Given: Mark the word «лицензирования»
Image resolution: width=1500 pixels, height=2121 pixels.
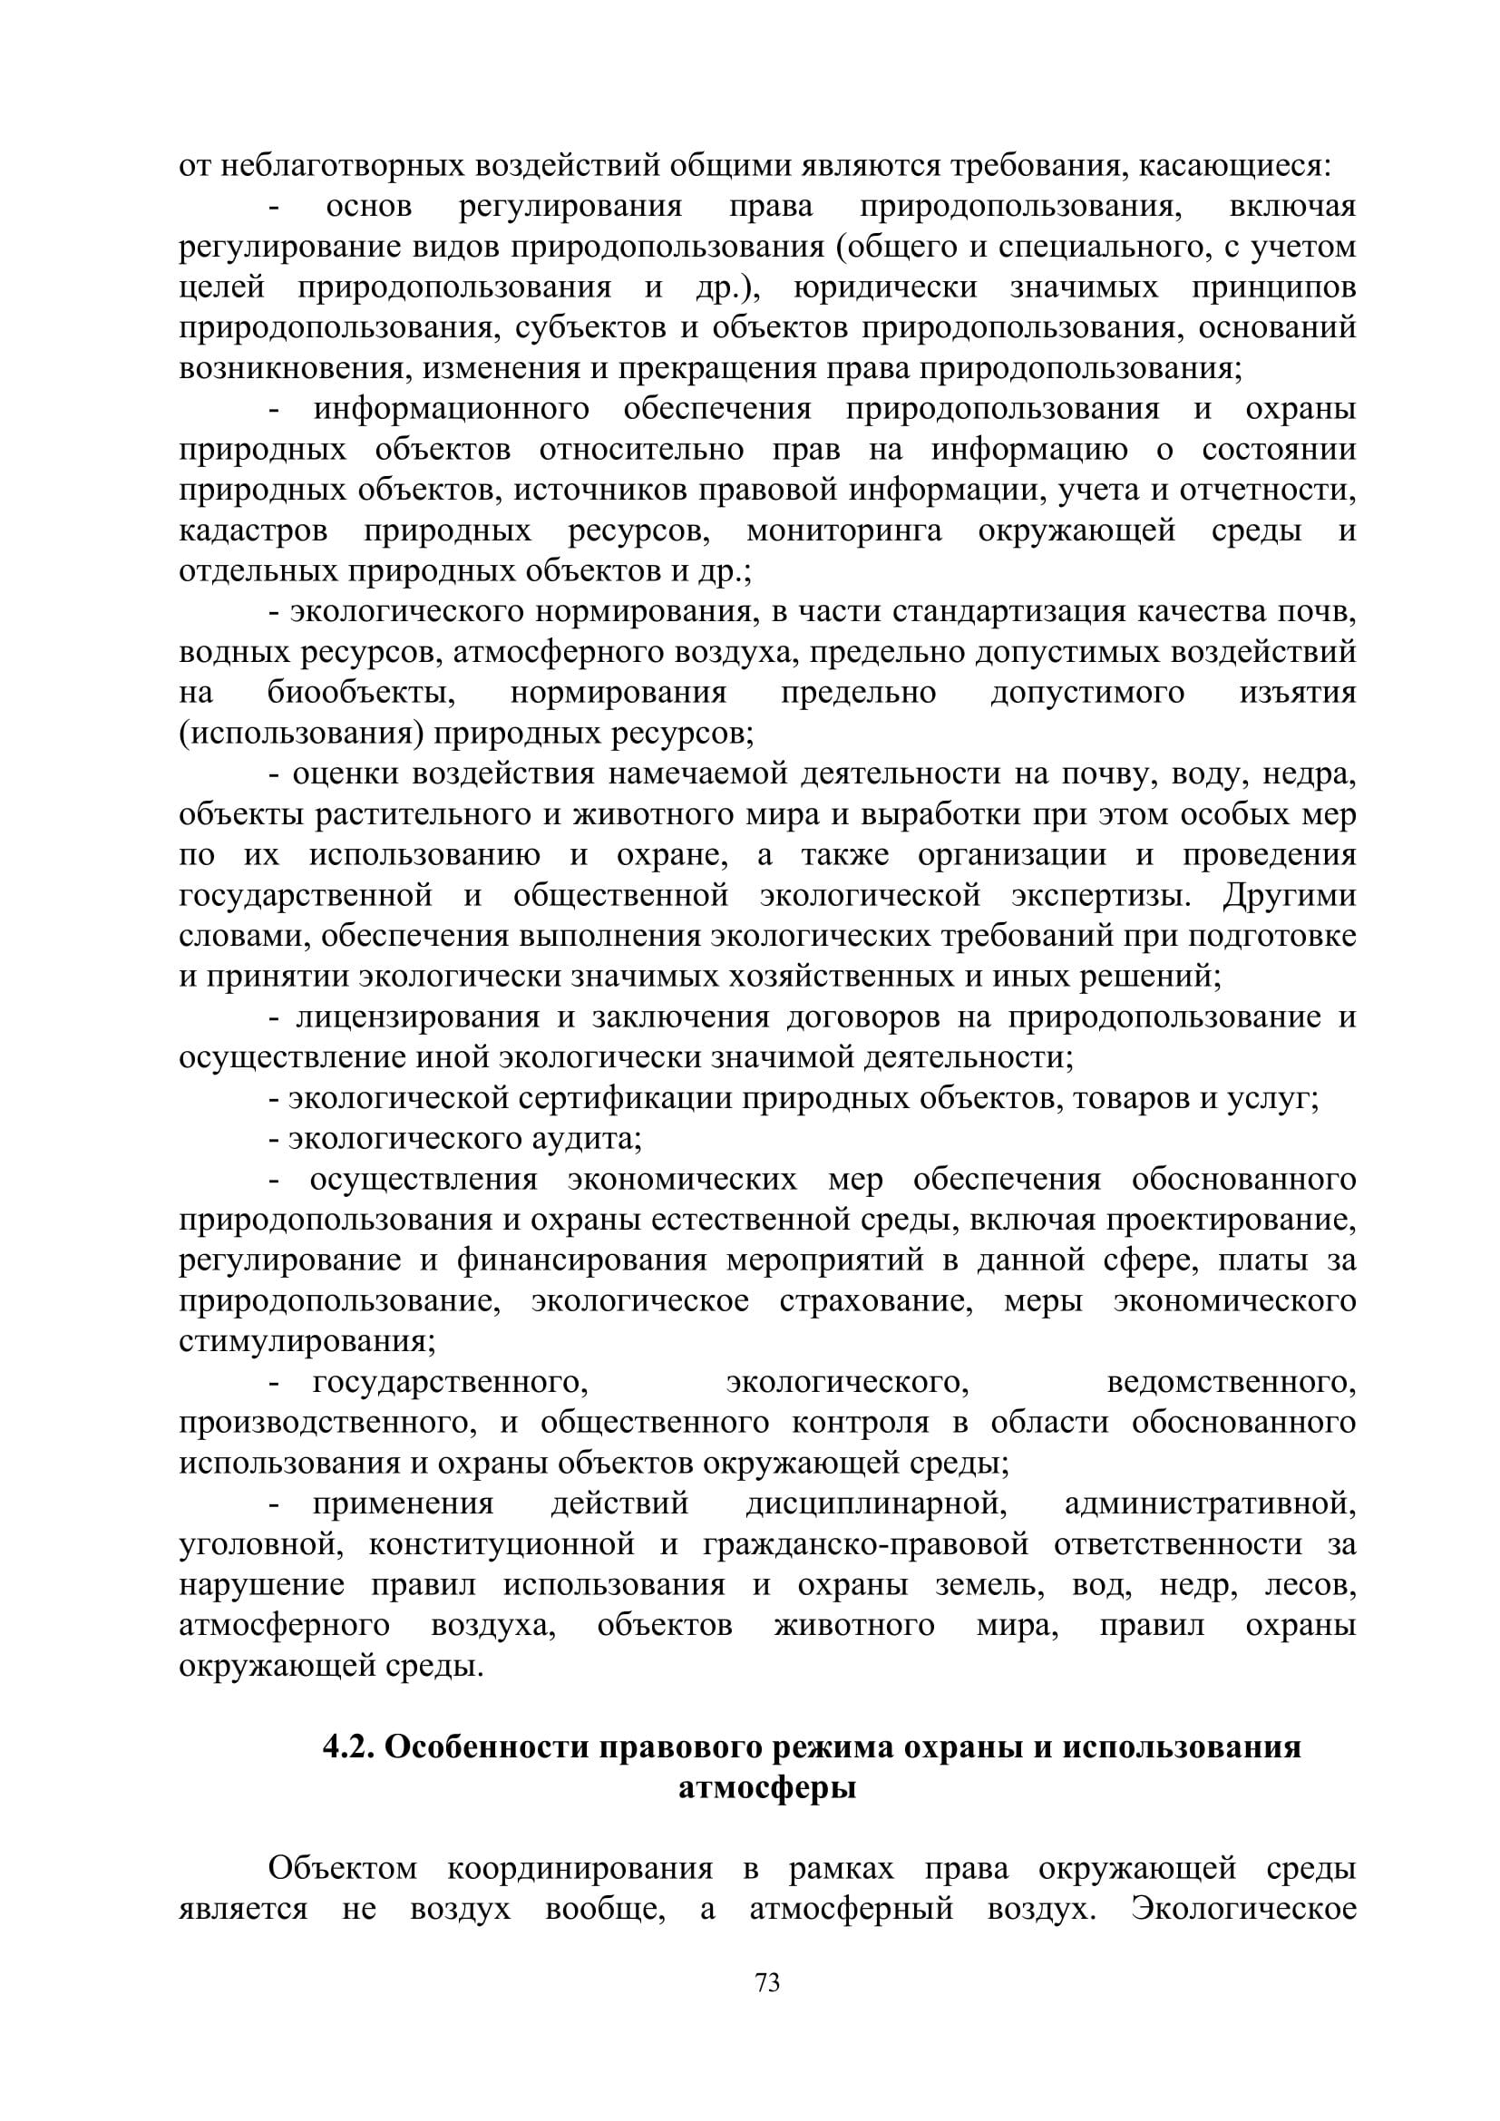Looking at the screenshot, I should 417,1017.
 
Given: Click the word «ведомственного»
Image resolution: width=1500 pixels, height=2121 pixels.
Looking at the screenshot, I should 1232,1383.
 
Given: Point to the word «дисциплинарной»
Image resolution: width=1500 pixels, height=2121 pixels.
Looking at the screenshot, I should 876,1503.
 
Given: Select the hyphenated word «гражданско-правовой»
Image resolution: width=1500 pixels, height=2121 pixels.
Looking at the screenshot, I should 865,1543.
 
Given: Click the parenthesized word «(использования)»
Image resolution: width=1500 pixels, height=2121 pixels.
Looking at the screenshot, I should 301,734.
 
